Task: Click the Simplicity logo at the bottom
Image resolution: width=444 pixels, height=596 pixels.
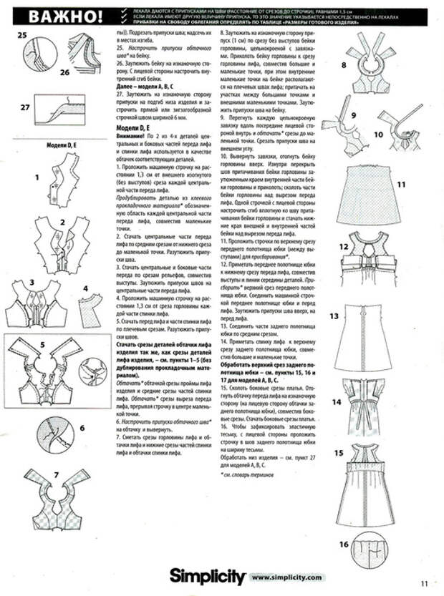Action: coord(207,576)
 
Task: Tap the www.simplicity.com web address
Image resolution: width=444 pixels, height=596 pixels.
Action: coord(287,577)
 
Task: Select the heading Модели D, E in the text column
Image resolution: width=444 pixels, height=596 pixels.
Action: coord(135,127)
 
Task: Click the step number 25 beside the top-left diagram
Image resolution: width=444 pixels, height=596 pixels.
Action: coord(21,34)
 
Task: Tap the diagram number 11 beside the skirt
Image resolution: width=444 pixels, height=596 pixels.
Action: coord(401,184)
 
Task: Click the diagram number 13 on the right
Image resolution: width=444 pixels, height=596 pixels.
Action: coord(334,316)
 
